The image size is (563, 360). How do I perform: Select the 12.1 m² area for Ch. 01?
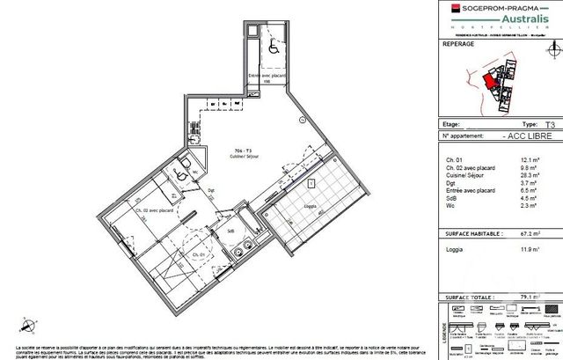coord(545,159)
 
